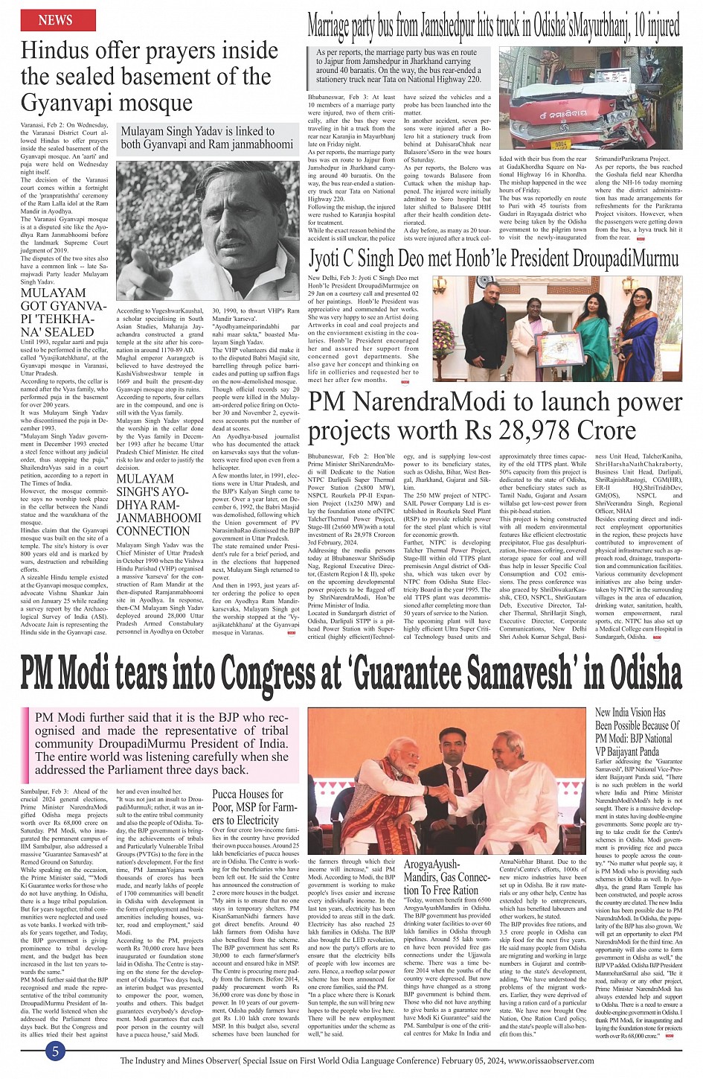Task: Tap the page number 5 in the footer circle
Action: (x=55, y=1051)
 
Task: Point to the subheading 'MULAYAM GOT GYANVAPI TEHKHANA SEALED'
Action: (x=57, y=313)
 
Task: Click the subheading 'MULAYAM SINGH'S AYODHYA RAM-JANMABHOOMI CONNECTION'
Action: (x=158, y=505)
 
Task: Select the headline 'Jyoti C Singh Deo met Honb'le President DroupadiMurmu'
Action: (x=494, y=258)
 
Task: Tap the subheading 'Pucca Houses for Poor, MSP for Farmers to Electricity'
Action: (x=248, y=806)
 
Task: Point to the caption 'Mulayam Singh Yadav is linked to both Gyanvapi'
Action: (x=207, y=137)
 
